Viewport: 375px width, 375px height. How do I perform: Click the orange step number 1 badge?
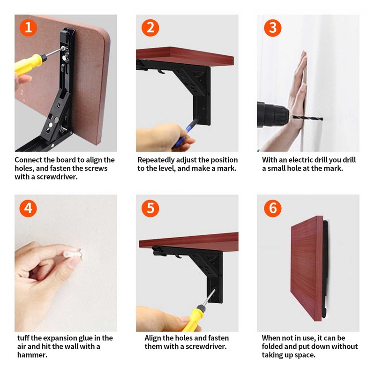pyautogui.click(x=28, y=28)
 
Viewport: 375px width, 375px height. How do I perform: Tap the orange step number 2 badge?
pyautogui.click(x=150, y=28)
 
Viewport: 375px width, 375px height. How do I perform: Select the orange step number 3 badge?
pyautogui.click(x=272, y=28)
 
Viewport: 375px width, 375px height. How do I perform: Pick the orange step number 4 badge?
pyautogui.click(x=28, y=208)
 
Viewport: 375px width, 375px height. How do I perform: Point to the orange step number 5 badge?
pyautogui.click(x=150, y=208)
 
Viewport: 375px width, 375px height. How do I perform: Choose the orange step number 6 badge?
pyautogui.click(x=272, y=208)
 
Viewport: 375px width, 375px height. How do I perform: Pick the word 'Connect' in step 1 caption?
pyautogui.click(x=29, y=160)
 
